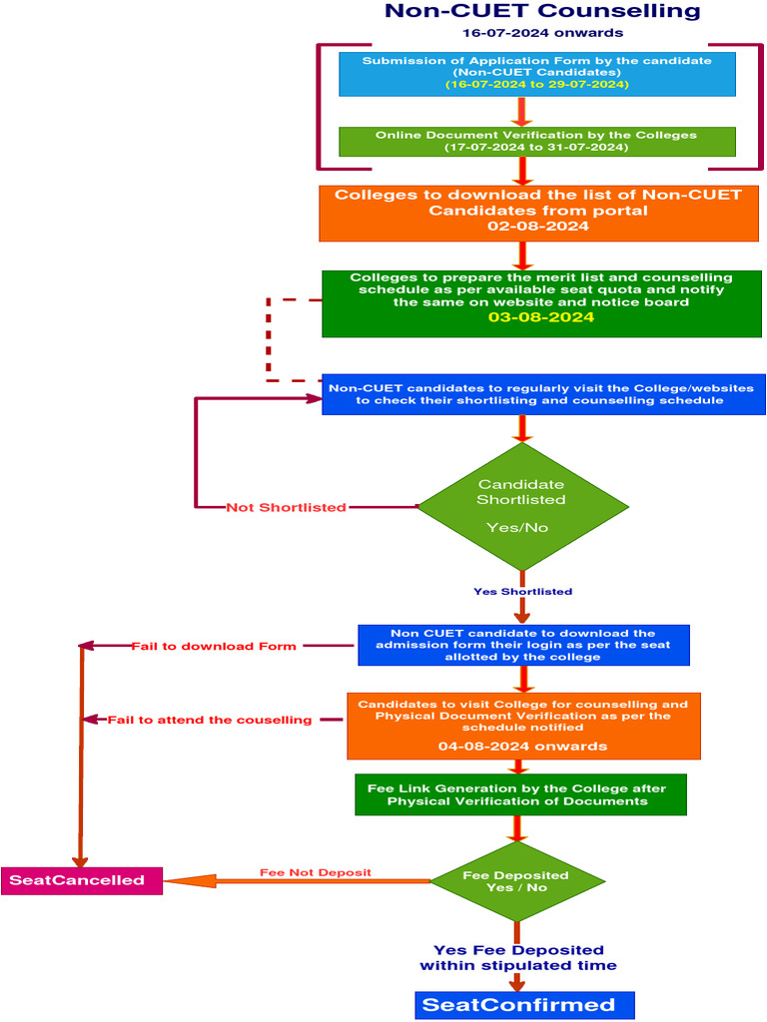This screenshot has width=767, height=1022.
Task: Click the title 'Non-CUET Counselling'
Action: [x=542, y=12]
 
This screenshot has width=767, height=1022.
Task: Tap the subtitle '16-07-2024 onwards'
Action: [x=542, y=33]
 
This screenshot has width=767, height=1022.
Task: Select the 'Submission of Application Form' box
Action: [x=537, y=73]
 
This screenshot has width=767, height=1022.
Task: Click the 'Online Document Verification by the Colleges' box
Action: [x=537, y=141]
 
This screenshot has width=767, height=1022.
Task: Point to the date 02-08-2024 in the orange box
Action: [x=537, y=227]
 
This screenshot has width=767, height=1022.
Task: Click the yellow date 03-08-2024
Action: [x=541, y=317]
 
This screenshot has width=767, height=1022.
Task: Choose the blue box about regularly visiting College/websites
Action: [x=543, y=394]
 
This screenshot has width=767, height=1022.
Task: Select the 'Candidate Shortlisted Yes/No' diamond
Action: [x=521, y=506]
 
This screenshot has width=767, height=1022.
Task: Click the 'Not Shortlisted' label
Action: [x=287, y=507]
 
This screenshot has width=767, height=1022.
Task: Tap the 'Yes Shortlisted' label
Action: [x=522, y=591]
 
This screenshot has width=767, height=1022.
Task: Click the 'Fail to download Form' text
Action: [x=214, y=647]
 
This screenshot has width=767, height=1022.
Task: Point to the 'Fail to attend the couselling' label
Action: [x=210, y=720]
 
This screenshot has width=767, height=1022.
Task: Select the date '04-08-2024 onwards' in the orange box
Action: [x=522, y=746]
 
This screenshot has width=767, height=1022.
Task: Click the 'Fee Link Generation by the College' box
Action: [x=520, y=794]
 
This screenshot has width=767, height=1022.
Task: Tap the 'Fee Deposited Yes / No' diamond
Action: [x=517, y=881]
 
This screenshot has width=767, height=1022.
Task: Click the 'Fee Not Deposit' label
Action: [x=316, y=872]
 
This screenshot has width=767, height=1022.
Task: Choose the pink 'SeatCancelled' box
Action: [x=81, y=880]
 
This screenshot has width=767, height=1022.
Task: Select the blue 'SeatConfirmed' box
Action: [x=524, y=1005]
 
